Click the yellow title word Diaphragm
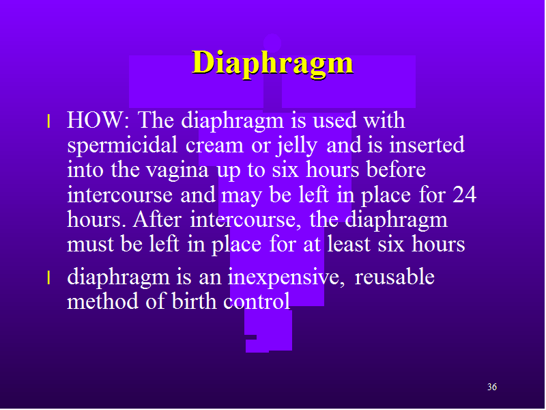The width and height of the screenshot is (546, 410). [272, 63]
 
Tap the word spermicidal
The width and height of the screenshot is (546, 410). [123, 146]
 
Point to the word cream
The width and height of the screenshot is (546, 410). [214, 146]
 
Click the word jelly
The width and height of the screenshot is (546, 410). [297, 146]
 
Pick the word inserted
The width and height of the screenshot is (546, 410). [427, 145]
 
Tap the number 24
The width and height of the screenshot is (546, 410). [464, 195]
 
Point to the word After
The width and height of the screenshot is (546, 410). [157, 219]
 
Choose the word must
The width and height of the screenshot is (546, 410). [90, 245]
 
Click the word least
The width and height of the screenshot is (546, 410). [349, 244]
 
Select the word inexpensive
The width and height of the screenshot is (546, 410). [286, 278]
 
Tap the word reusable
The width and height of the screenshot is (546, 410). [394, 277]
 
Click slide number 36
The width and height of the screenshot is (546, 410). [492, 387]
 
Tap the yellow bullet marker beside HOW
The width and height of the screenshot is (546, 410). [48, 122]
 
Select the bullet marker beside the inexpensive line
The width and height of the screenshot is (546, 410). [48, 278]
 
